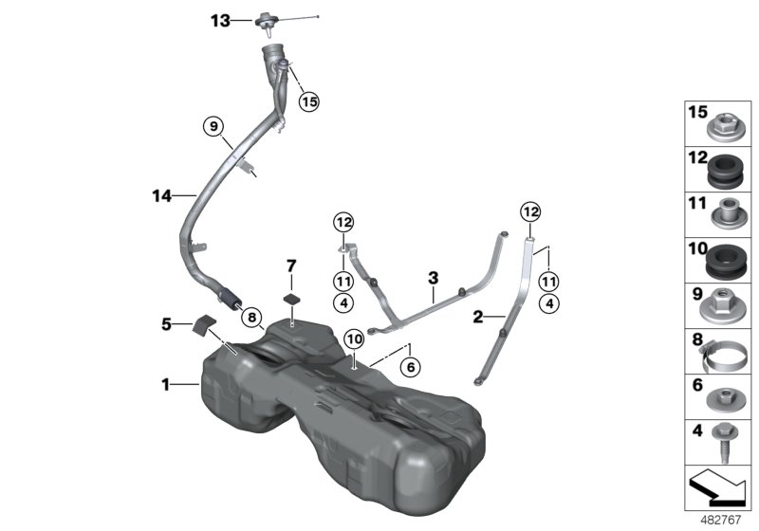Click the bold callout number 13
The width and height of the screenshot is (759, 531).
pos(220,20)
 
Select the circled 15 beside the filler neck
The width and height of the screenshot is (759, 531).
pos(307,101)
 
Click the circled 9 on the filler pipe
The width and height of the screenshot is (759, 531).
pos(213,126)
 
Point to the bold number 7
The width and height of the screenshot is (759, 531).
pos(291,265)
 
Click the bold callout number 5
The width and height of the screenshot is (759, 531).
pos(166,323)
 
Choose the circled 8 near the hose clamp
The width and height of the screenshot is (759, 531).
pos(250,318)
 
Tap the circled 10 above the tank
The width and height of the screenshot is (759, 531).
pos(353,339)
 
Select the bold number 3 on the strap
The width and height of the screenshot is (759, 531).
pos(433,278)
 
